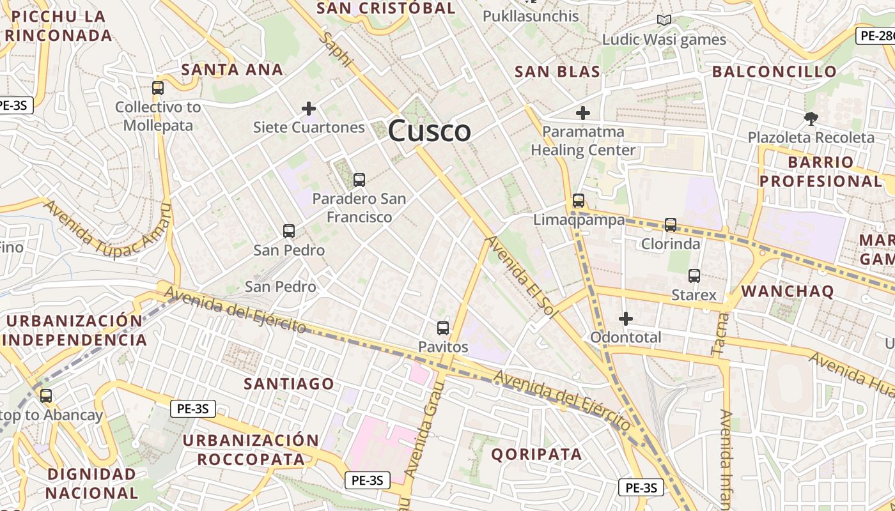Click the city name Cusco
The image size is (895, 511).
(x=430, y=131)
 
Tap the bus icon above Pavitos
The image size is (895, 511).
(x=442, y=328)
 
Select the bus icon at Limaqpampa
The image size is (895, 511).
(x=579, y=201)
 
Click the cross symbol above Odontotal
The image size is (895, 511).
(x=626, y=318)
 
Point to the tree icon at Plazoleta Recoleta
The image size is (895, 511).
(x=811, y=118)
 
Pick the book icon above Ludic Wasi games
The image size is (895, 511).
(x=664, y=20)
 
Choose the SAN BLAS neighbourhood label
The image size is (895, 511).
(x=557, y=72)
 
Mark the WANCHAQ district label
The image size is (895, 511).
(x=788, y=291)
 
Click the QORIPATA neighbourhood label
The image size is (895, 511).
(x=536, y=454)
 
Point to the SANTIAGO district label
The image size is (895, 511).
(x=289, y=383)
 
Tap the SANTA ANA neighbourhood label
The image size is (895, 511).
(x=232, y=70)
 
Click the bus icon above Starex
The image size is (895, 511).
(x=694, y=276)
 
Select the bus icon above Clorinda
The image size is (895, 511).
(x=670, y=224)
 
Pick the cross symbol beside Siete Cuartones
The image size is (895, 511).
(x=309, y=109)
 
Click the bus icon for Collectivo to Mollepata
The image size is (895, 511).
(x=158, y=88)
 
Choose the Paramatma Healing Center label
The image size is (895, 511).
(x=583, y=141)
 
